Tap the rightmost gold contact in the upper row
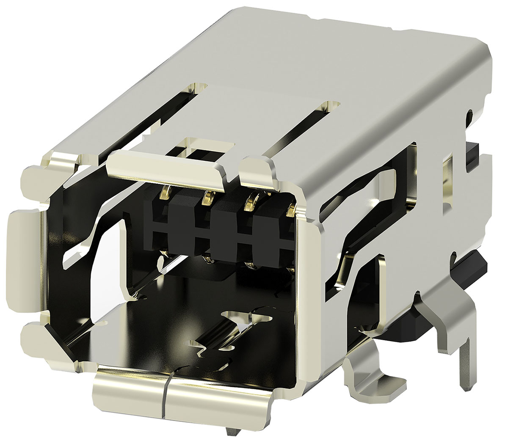(291, 209)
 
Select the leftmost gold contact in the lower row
(162, 259)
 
